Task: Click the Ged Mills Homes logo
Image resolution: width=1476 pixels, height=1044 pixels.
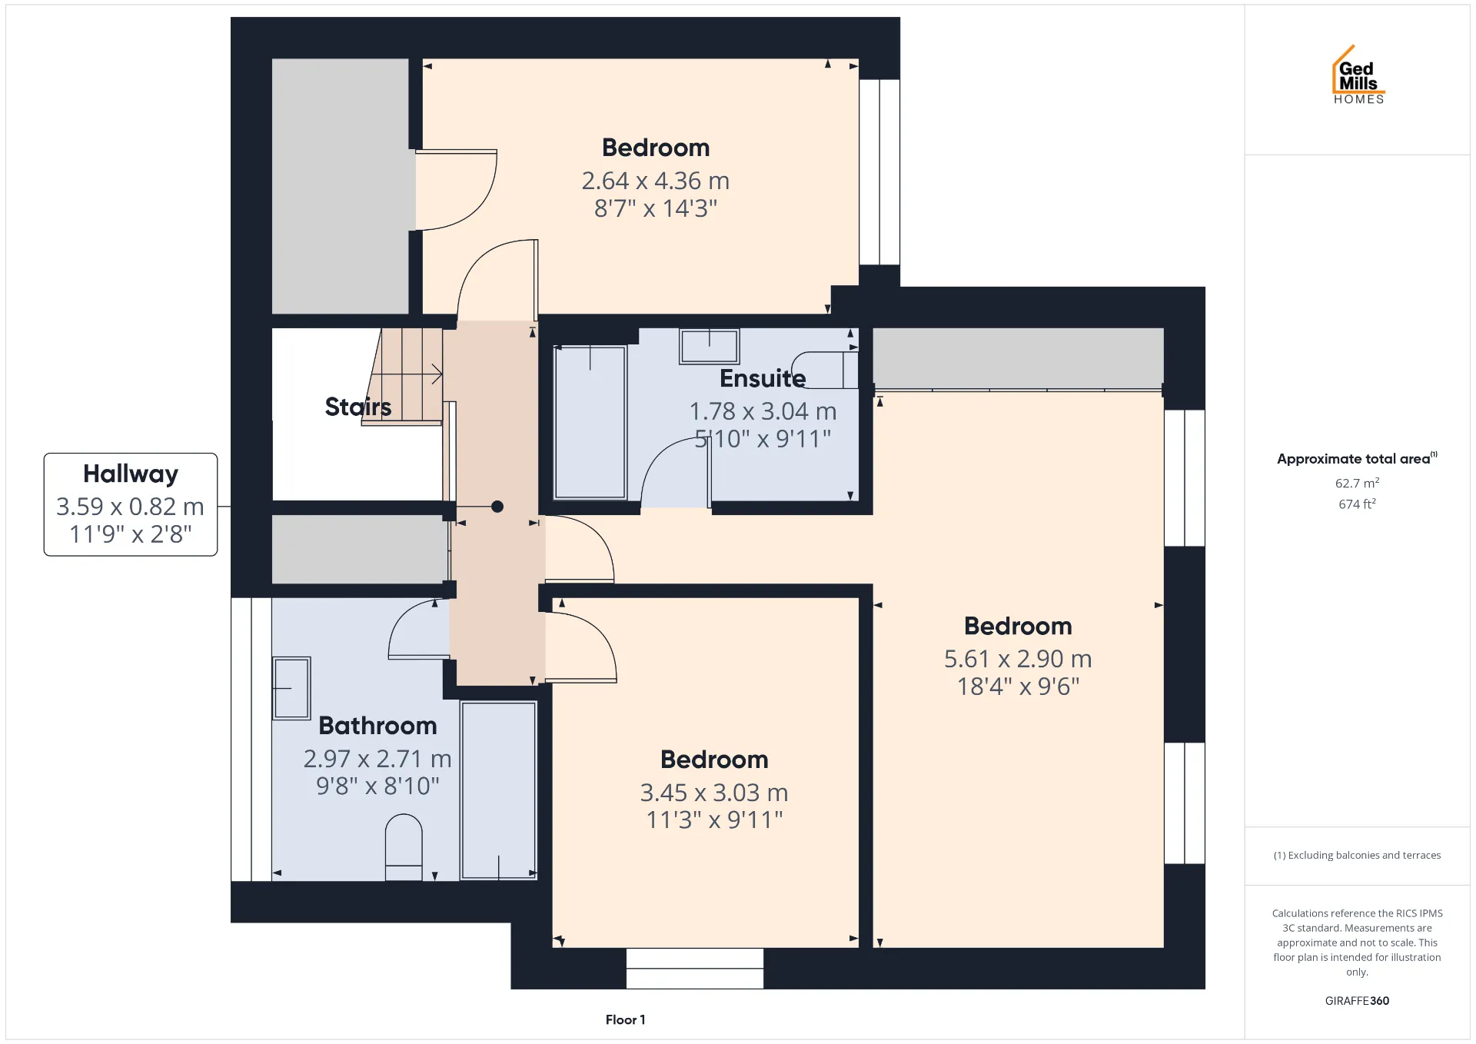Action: [1358, 75]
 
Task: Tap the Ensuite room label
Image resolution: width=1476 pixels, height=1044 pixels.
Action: [763, 378]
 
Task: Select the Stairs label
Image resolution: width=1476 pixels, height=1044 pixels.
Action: [357, 406]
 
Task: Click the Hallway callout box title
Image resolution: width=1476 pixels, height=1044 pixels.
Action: [131, 474]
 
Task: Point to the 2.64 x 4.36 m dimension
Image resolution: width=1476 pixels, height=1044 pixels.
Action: [656, 181]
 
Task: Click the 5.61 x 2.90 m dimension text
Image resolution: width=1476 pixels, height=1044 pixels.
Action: [1018, 659]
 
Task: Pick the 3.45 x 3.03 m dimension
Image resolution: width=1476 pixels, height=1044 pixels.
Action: [714, 793]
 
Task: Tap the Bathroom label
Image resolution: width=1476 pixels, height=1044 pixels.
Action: [377, 726]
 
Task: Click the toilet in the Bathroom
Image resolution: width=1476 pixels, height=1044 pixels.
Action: [404, 847]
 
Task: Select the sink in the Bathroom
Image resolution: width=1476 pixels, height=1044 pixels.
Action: [291, 688]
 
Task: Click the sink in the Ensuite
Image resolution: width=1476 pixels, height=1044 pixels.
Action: [709, 346]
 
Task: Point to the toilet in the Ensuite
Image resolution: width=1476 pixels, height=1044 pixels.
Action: [825, 371]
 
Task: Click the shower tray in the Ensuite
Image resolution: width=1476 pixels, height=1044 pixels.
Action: [590, 422]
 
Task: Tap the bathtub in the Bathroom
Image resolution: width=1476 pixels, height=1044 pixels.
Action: [498, 790]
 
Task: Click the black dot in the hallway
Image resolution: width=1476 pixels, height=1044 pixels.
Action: [497, 507]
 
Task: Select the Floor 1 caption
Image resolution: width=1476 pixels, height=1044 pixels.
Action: [625, 1020]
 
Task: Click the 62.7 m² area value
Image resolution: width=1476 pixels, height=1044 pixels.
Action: [1357, 484]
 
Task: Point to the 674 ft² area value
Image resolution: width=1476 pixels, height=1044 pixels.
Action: [1357, 504]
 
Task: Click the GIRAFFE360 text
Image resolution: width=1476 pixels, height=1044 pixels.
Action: [1357, 1001]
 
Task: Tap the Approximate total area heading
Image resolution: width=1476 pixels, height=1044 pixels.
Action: [1357, 458]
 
